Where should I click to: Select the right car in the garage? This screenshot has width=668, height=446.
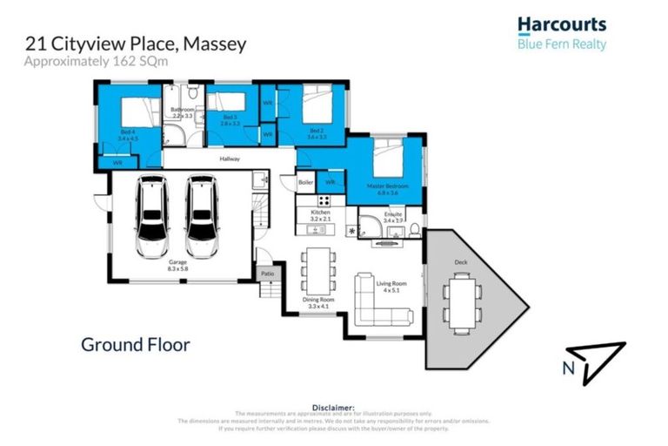pyautogui.click(x=202, y=213)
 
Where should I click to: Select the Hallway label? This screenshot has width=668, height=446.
pyautogui.click(x=229, y=159)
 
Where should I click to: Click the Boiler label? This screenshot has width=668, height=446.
pyautogui.click(x=305, y=183)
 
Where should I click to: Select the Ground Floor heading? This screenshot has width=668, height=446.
pyautogui.click(x=135, y=344)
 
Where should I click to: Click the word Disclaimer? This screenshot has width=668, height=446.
pyautogui.click(x=333, y=407)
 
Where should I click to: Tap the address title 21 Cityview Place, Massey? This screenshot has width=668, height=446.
pyautogui.click(x=134, y=43)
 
